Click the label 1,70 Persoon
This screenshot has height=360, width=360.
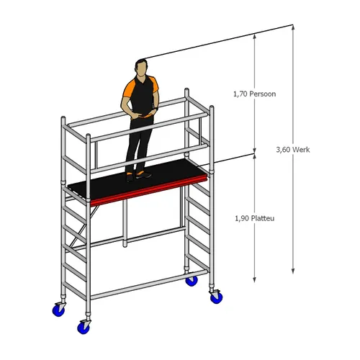254,94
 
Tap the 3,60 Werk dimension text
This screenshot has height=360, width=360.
293,150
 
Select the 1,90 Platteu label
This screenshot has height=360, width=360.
254,218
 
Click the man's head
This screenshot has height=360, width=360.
141,68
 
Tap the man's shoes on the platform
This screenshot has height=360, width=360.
139,176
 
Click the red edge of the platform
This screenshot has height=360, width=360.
149,191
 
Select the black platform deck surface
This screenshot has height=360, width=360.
137,179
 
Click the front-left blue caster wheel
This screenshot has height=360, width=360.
84,327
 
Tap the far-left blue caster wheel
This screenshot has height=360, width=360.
58,310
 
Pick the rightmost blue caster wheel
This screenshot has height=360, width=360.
216,297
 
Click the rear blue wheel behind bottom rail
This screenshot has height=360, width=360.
192,281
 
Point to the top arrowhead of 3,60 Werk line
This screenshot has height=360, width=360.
293,27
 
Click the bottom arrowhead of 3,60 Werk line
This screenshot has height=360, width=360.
293,271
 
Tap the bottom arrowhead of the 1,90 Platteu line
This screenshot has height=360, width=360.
254,279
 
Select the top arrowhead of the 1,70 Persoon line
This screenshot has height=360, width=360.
254,37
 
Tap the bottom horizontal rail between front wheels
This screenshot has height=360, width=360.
149,285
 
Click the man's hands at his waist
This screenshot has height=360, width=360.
143,114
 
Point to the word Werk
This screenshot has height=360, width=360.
302,150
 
